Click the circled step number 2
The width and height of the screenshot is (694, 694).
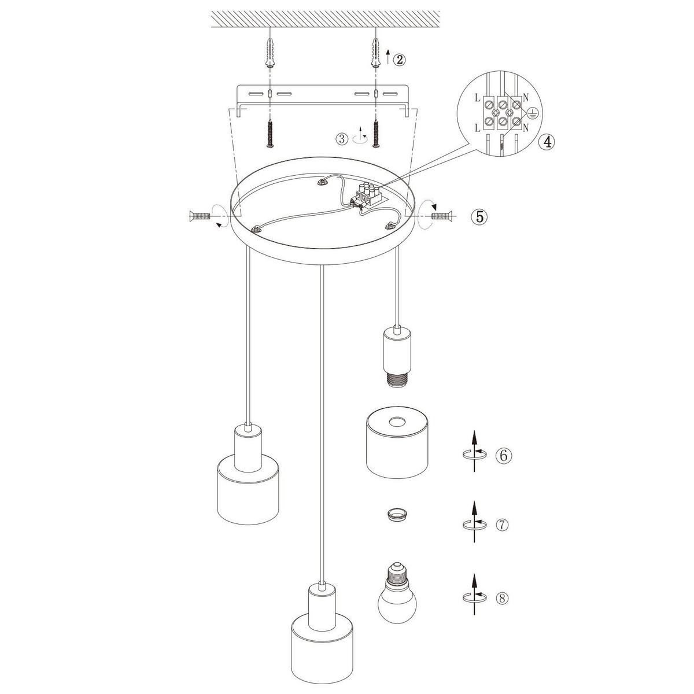(x=398, y=60)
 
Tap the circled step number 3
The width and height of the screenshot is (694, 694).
(x=342, y=139)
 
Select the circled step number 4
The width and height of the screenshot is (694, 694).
(x=547, y=142)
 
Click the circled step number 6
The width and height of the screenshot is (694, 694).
(x=504, y=456)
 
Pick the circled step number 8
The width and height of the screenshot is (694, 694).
(x=503, y=598)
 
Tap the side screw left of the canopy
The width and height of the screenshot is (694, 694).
(x=199, y=216)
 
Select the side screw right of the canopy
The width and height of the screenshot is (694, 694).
(x=441, y=216)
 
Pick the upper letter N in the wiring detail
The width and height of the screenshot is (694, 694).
(x=526, y=97)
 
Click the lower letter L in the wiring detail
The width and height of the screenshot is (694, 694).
(x=477, y=128)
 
